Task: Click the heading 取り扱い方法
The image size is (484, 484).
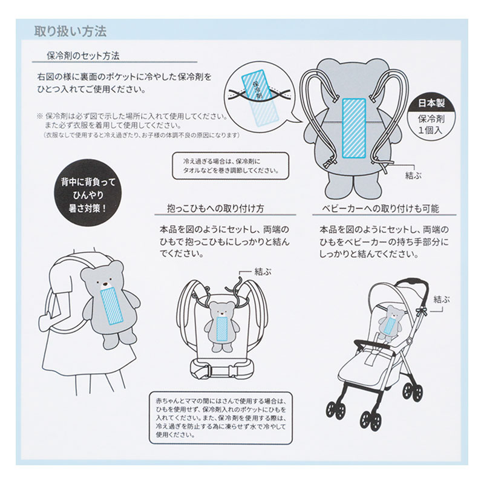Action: (70, 31)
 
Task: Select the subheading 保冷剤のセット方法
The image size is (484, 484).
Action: (83, 56)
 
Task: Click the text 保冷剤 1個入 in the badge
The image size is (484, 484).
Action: (431, 125)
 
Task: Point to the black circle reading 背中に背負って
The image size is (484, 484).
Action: (88, 195)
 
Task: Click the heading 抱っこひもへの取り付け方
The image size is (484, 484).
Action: (216, 209)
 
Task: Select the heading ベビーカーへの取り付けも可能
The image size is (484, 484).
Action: (381, 209)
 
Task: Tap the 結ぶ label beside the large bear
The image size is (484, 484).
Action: (413, 175)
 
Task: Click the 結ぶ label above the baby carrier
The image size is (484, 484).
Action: (263, 272)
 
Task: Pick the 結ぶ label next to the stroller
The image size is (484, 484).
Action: (442, 299)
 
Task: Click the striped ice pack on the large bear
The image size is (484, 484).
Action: (354, 128)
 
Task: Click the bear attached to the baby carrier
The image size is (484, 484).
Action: (222, 326)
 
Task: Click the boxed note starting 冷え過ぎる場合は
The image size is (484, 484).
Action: (231, 166)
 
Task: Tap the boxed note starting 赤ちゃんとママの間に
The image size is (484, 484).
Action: (221, 417)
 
